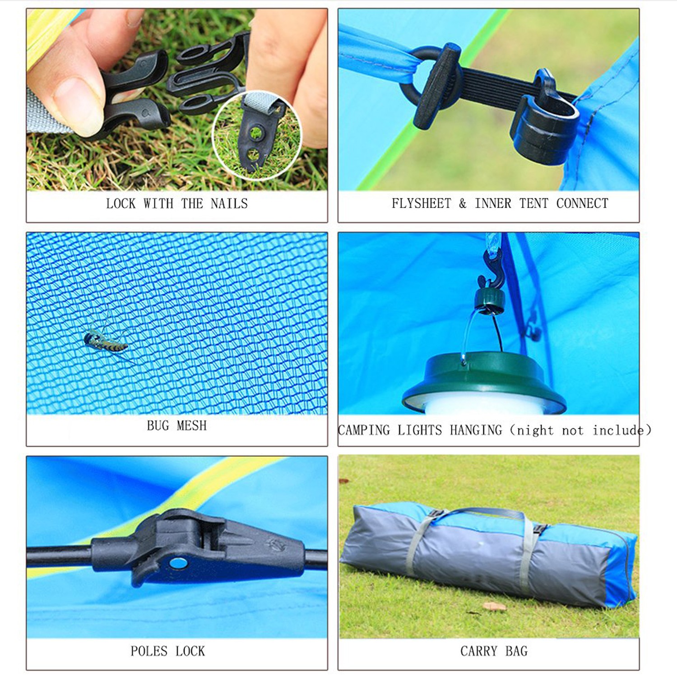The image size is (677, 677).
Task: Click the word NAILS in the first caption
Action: point(229,204)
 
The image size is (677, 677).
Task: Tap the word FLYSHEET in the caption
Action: point(421,204)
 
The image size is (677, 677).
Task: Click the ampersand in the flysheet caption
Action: point(463,204)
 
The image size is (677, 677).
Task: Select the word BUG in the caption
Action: point(158,426)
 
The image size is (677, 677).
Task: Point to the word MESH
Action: point(191,426)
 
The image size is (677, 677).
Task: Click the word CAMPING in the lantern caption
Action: point(364,430)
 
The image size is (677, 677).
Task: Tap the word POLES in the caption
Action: point(149,651)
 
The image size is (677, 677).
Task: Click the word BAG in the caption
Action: point(516,651)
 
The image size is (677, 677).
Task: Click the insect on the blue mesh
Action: point(107,341)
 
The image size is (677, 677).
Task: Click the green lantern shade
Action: point(484,379)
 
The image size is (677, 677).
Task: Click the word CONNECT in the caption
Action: point(582,204)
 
